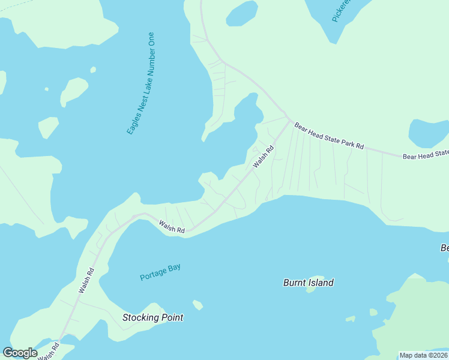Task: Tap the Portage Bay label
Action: coord(160,272)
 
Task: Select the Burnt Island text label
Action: coord(309,283)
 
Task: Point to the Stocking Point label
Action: coord(152,317)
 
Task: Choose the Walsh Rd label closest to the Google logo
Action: coord(49,350)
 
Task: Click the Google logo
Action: coord(20,353)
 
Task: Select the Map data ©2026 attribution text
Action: coord(423,355)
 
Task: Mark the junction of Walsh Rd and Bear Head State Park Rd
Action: coord(289,119)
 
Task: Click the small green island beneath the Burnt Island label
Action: coord(311,289)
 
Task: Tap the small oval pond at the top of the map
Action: coord(241,13)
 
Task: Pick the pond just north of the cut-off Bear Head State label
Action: coord(427,132)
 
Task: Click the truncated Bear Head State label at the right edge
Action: coord(426,155)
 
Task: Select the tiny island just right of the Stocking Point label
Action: coord(197,305)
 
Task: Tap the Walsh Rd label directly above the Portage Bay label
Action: coord(172,227)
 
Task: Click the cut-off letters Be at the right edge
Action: coord(444,248)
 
